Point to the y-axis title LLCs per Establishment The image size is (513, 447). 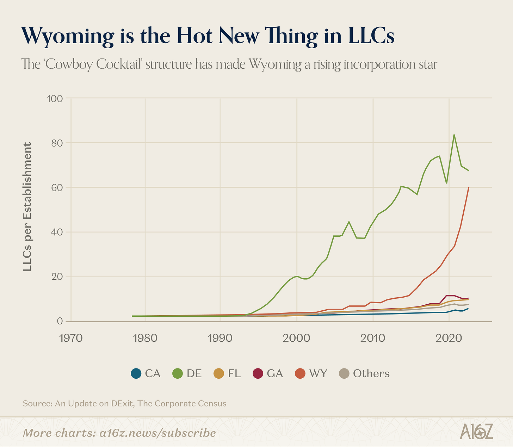pos(27,206)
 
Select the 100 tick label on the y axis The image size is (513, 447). pos(55,98)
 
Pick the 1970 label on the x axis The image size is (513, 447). pos(71,338)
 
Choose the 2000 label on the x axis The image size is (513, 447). pos(297,338)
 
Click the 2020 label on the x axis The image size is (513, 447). pos(449,338)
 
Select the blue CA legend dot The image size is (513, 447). pos(136,373)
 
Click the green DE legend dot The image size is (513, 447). pos(178,373)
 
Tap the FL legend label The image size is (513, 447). pos(234,373)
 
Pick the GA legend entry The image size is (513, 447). pos(268,373)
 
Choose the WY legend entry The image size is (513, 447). pos(311,373)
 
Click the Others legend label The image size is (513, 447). pos(371,373)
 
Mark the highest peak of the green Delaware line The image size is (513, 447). pos(454,135)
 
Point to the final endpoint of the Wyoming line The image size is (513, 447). pos(469,187)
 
